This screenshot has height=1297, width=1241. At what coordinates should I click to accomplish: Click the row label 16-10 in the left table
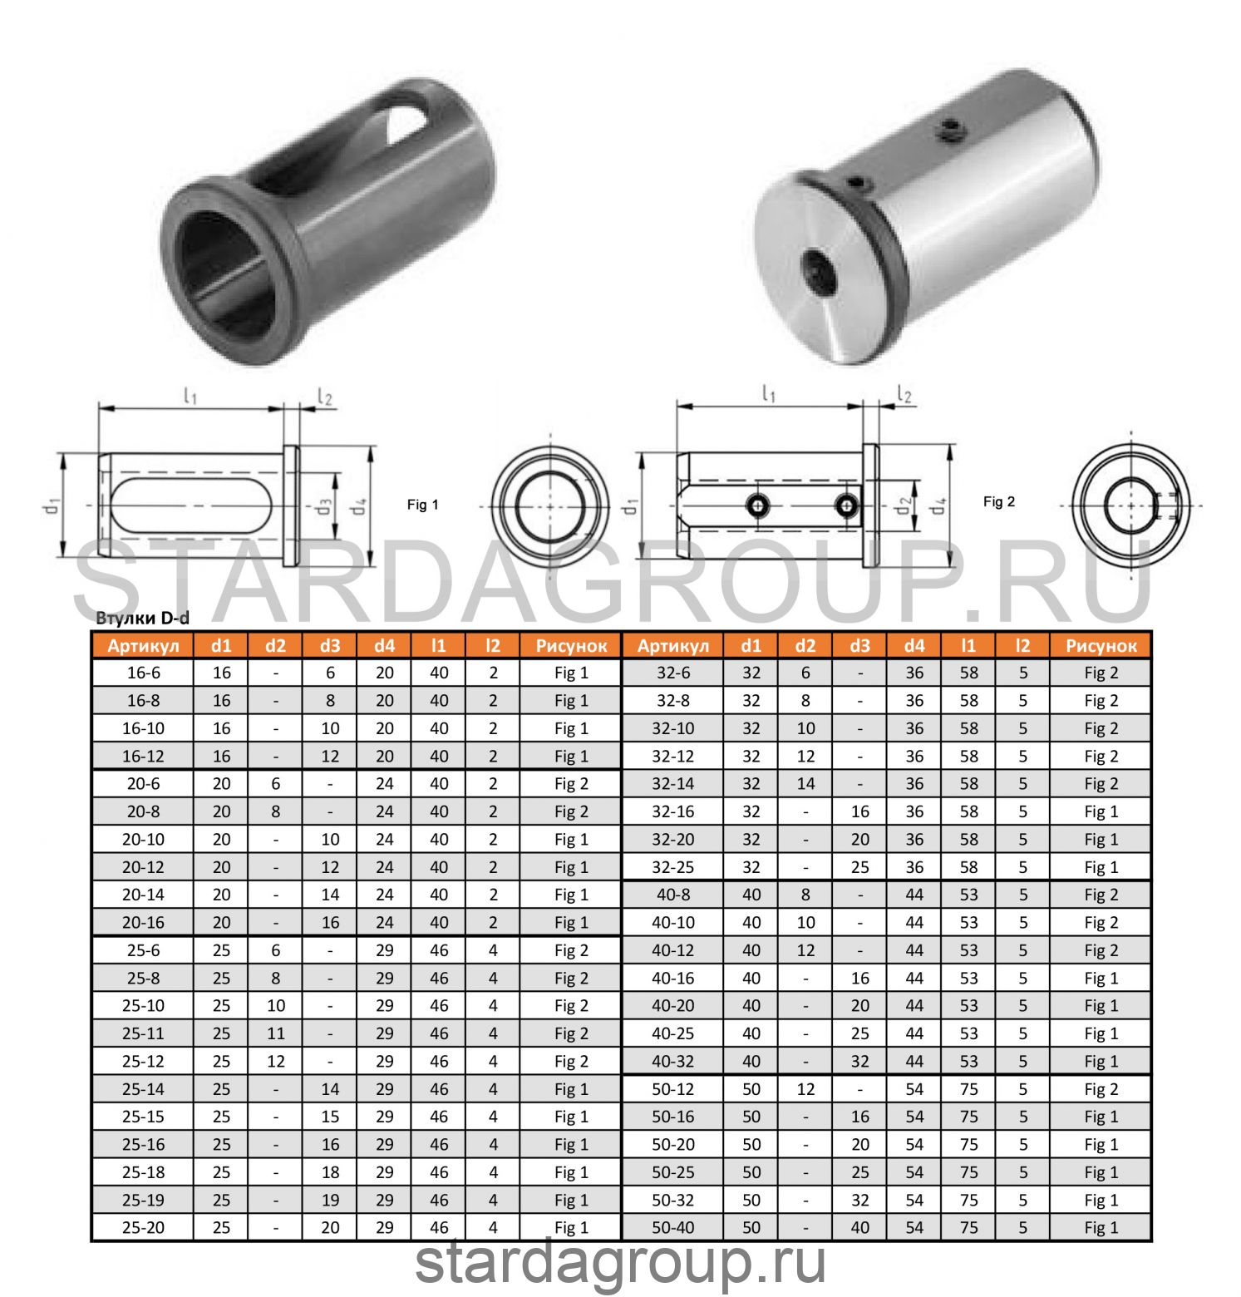143,728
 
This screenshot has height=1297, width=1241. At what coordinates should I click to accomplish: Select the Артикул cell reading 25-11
143,1033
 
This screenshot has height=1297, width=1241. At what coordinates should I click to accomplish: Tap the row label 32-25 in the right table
672,867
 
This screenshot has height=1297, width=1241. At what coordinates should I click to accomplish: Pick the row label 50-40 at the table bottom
672,1227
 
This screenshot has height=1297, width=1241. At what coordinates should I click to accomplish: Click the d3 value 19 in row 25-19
330,1200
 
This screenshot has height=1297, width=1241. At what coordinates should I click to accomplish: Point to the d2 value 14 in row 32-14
805,784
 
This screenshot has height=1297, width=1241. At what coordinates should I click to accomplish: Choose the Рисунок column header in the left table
571,646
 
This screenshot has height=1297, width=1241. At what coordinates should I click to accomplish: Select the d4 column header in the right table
914,646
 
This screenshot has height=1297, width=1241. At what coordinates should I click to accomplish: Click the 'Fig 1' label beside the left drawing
422,505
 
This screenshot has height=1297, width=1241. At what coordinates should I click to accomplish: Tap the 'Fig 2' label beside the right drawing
998,501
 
